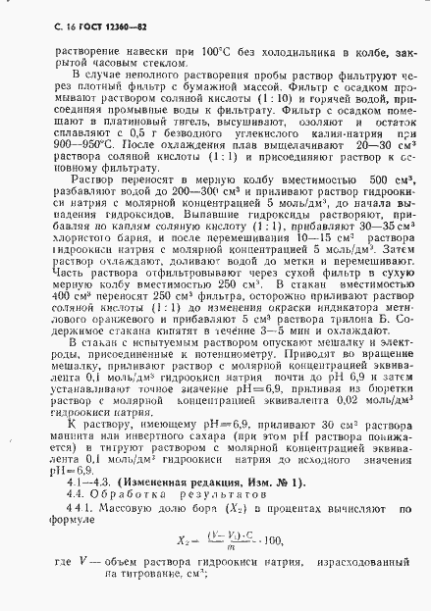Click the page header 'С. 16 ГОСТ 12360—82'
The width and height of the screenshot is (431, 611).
(x=78, y=22)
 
